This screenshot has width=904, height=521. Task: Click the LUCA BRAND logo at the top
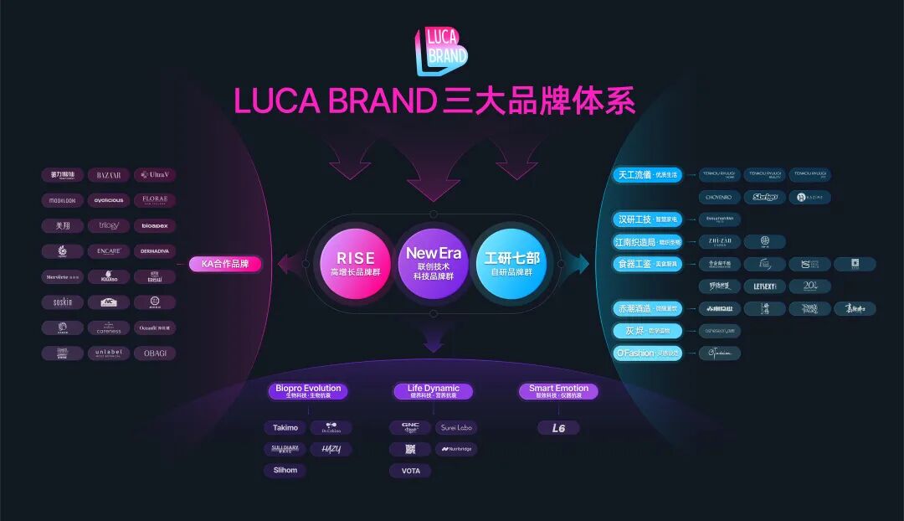(x=441, y=50)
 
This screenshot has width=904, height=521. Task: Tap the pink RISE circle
(x=355, y=261)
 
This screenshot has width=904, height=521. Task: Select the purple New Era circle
(x=433, y=261)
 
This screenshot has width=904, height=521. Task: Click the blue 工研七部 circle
(x=510, y=261)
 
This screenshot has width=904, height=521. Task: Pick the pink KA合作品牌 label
(x=225, y=264)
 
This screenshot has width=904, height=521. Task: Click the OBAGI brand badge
(x=155, y=353)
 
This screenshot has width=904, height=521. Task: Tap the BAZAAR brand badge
(x=108, y=175)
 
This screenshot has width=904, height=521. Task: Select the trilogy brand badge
(x=108, y=225)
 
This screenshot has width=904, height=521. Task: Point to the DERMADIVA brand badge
(x=155, y=251)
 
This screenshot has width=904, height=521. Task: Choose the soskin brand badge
(x=63, y=302)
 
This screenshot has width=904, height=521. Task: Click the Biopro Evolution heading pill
(x=309, y=390)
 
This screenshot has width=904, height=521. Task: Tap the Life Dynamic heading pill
(x=433, y=390)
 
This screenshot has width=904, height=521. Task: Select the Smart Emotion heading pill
(x=558, y=390)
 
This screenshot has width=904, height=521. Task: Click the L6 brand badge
(x=558, y=428)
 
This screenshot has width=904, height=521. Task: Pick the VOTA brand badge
(x=410, y=471)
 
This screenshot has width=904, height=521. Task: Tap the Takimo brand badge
(x=285, y=428)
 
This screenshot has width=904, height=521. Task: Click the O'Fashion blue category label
(x=647, y=353)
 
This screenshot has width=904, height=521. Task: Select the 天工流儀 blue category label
(x=647, y=175)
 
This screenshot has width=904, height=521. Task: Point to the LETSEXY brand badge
(x=764, y=286)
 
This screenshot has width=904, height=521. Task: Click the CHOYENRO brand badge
(x=718, y=198)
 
